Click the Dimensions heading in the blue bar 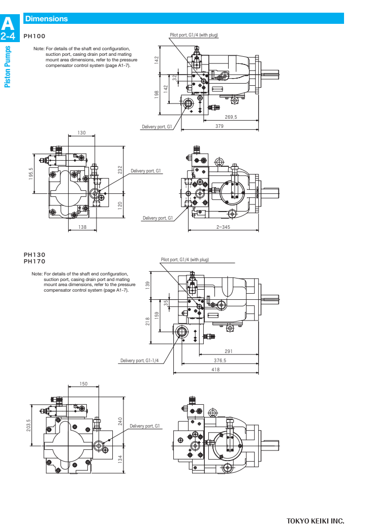pos(46,19)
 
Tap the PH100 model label pos(35,37)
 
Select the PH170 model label pos(35,261)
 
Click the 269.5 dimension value pos(231,117)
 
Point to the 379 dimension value pos(219,126)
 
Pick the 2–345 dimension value pos(223,227)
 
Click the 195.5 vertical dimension pos(30,173)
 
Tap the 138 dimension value pos(82,227)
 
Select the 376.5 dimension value pos(220,361)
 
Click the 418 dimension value pos(215,370)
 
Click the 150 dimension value pos(84,384)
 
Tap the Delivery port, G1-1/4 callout pos(139,361)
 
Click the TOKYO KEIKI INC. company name pos(315,520)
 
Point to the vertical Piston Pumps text pos(8,66)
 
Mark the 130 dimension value pos(81,133)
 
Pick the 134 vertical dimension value pos(120,459)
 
